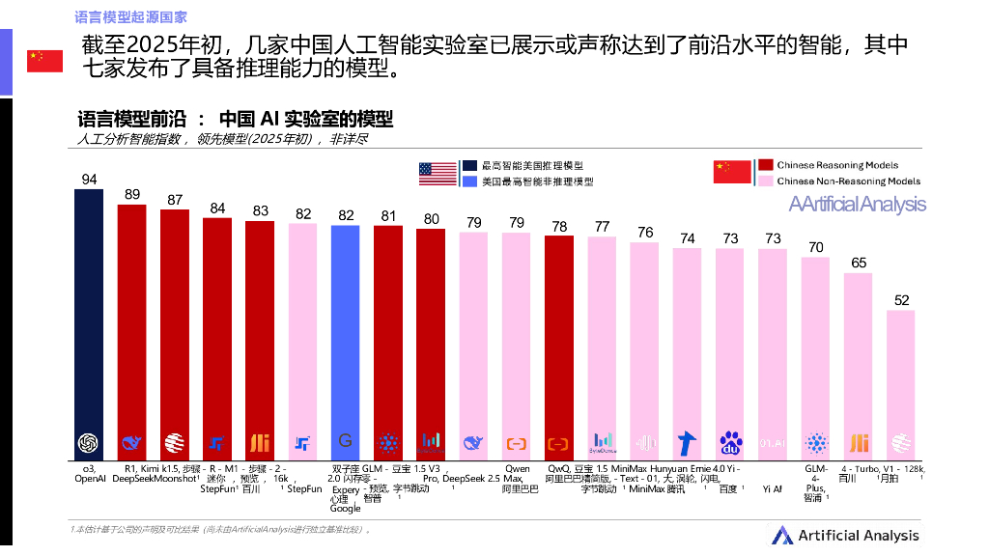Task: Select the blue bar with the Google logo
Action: pos(345,328)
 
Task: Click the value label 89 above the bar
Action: pos(132,194)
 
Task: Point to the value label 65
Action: pos(858,263)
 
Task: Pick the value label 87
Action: pos(175,200)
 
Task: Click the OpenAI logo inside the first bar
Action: pos(89,443)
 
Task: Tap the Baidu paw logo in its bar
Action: pos(730,443)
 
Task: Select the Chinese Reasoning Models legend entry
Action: pos(836,165)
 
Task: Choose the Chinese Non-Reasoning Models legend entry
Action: pos(847,181)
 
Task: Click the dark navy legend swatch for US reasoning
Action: pos(468,166)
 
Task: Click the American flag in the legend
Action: pos(438,173)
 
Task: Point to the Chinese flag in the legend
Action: pos(732,172)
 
